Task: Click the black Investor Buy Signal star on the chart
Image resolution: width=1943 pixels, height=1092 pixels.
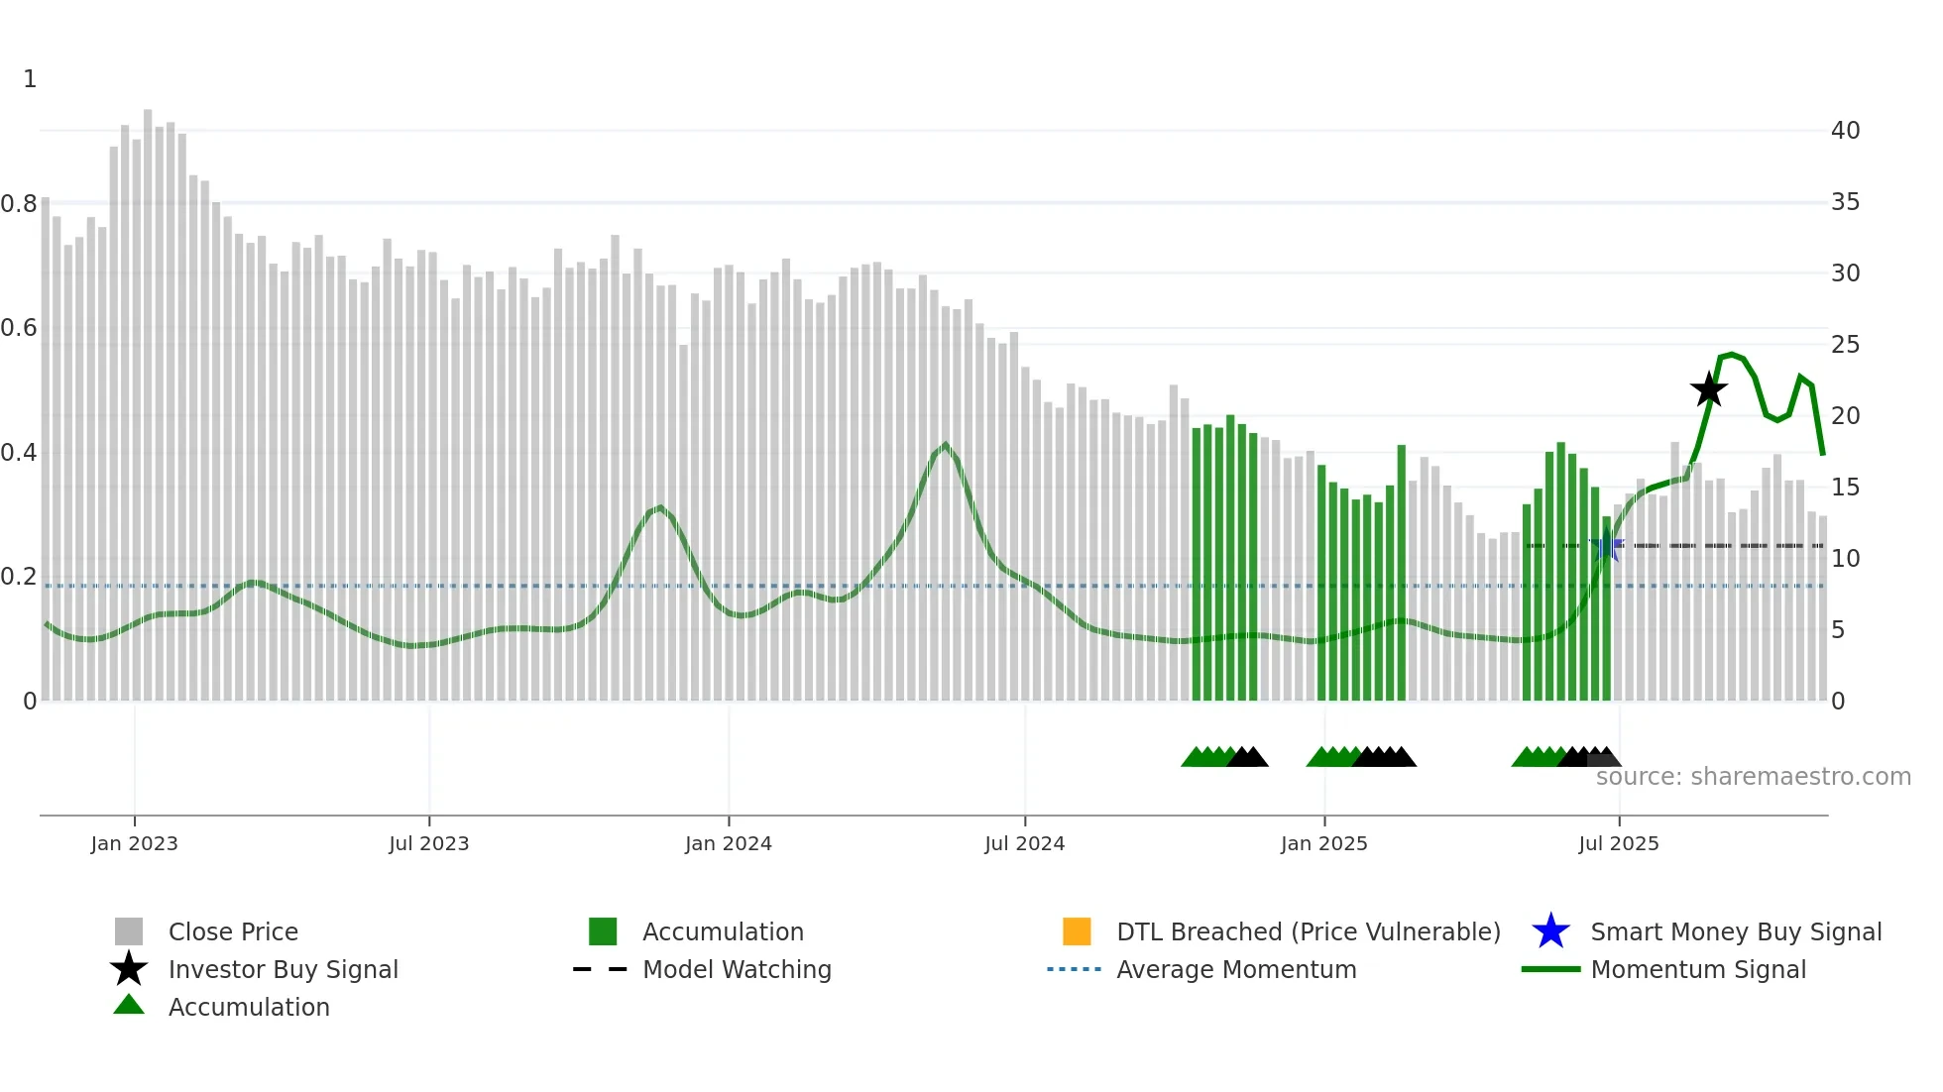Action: [x=1708, y=389]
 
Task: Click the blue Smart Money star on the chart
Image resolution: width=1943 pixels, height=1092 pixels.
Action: [x=1607, y=546]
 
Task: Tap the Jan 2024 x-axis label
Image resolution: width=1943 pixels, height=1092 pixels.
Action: [x=728, y=843]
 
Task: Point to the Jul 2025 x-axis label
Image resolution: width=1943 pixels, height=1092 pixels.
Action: [x=1618, y=843]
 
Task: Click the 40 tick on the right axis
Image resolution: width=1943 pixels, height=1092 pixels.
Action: [x=1845, y=131]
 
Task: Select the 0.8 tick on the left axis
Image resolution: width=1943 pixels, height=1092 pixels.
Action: [x=20, y=204]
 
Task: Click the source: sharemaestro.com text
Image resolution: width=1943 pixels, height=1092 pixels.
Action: [x=1753, y=776]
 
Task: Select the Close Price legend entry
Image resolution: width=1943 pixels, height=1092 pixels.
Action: [x=233, y=931]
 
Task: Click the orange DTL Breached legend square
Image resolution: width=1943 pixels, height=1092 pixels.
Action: [x=1077, y=931]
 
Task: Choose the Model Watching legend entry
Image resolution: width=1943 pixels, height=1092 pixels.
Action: [x=737, y=969]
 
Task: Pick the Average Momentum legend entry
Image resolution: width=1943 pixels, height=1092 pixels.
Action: [x=1236, y=969]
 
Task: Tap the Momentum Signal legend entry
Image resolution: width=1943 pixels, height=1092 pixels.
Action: [x=1697, y=969]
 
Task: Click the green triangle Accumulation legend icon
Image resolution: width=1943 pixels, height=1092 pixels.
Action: [x=129, y=1005]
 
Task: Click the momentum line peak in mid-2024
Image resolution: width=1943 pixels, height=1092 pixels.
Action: [x=945, y=445]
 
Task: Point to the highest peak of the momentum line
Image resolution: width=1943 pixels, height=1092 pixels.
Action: [x=1731, y=354]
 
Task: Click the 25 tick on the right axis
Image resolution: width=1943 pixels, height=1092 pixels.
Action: [x=1845, y=345]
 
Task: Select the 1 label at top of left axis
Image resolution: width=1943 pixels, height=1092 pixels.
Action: [x=30, y=79]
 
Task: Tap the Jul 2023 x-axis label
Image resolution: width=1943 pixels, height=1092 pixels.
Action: [x=428, y=843]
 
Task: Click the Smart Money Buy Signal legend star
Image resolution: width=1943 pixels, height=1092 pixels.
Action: [x=1550, y=931]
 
